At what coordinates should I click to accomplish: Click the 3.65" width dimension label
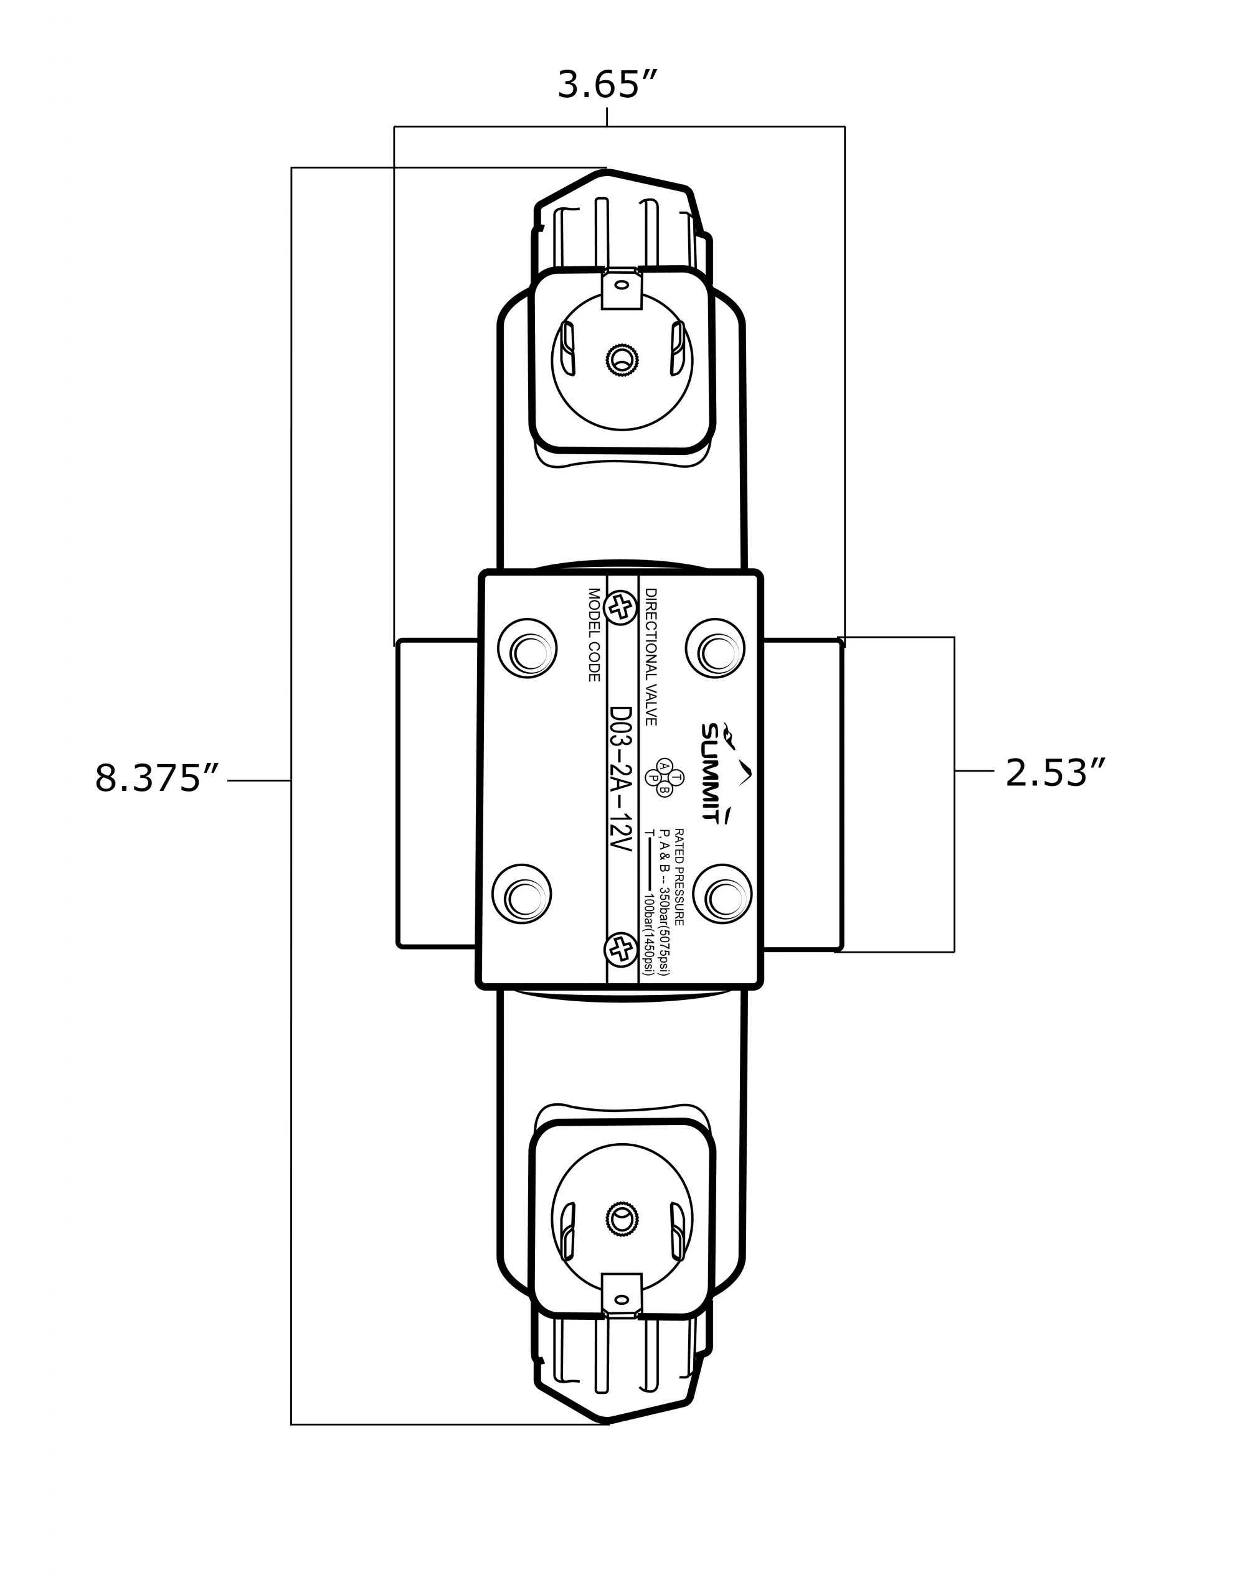(607, 84)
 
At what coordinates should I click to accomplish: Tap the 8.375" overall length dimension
(157, 778)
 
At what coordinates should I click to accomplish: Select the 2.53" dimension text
(1056, 773)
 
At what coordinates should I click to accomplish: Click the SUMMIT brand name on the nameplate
(711, 772)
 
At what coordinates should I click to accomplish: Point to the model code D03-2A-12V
(620, 780)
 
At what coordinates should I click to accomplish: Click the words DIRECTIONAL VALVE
(651, 656)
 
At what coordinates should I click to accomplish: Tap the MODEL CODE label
(594, 635)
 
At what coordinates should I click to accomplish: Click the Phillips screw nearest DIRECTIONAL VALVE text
(621, 607)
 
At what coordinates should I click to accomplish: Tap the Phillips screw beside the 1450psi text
(621, 950)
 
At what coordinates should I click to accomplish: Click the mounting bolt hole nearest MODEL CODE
(527, 648)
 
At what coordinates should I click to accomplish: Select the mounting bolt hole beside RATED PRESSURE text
(722, 894)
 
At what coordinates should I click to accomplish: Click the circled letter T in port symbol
(676, 778)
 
